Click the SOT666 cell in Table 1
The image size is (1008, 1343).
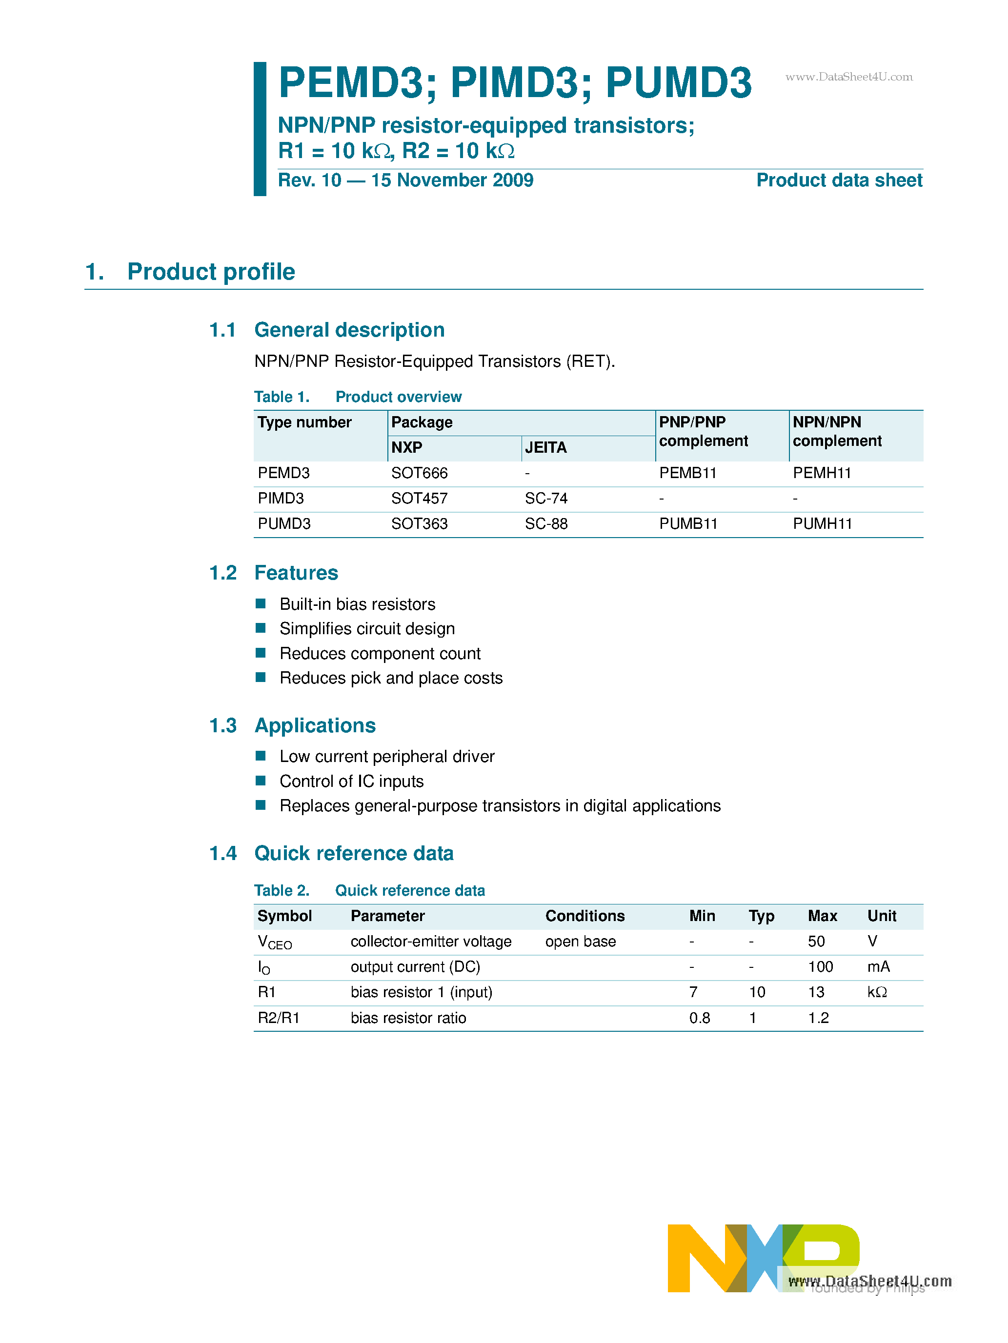419,473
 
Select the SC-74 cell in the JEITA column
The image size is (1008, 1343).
546,499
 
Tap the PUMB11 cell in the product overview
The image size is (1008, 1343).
688,524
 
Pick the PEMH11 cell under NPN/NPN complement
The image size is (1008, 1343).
822,473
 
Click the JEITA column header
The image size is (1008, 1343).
545,447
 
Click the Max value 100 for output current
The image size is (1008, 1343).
820,966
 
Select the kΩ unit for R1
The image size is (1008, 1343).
877,992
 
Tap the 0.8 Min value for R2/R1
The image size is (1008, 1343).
700,1018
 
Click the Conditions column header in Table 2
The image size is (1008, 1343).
584,916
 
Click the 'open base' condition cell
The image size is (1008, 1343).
580,942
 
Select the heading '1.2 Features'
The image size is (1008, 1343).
273,573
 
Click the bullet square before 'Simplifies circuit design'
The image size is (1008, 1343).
261,628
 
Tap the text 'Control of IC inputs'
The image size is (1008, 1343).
351,782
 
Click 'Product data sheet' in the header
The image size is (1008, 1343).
839,180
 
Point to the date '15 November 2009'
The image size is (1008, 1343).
452,180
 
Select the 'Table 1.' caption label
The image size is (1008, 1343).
282,397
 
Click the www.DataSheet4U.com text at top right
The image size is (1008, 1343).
848,77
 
